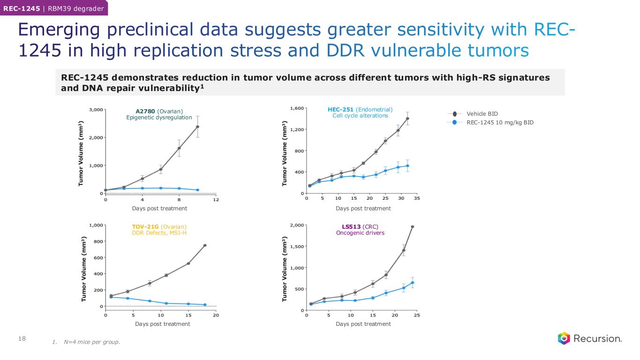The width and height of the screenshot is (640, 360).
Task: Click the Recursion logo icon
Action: (564, 338)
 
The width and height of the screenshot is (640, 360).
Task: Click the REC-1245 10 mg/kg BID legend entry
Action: (500, 122)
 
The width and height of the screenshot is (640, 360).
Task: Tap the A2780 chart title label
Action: (159, 111)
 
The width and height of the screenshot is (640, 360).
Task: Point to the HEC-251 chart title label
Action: (360, 110)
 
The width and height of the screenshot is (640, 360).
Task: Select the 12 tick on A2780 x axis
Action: (216, 199)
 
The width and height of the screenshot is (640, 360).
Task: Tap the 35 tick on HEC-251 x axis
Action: (417, 199)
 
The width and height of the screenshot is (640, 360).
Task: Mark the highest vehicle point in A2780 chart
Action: (198, 127)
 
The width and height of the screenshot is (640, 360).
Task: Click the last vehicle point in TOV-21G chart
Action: (205, 245)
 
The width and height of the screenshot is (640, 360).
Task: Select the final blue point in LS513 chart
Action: (413, 283)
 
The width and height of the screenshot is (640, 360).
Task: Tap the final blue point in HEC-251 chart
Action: (407, 165)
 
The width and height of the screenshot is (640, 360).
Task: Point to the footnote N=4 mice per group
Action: (86, 342)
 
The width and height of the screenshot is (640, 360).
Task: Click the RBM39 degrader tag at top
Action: (78, 8)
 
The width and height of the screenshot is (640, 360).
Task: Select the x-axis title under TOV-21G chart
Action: (162, 324)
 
